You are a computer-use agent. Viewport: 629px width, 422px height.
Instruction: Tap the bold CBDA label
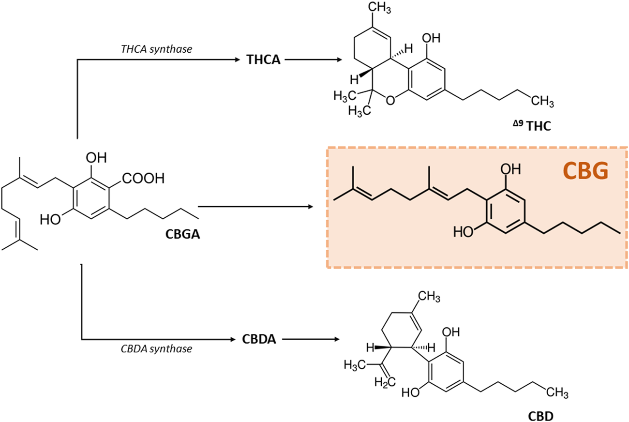tap(259, 339)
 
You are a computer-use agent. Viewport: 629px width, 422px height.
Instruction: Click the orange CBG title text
tap(585, 172)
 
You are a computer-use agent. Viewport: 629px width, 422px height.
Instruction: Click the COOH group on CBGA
tap(144, 179)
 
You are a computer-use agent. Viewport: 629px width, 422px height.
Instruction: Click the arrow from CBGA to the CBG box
tap(254, 207)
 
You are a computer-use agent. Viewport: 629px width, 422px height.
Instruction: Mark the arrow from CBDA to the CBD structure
tap(310, 339)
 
